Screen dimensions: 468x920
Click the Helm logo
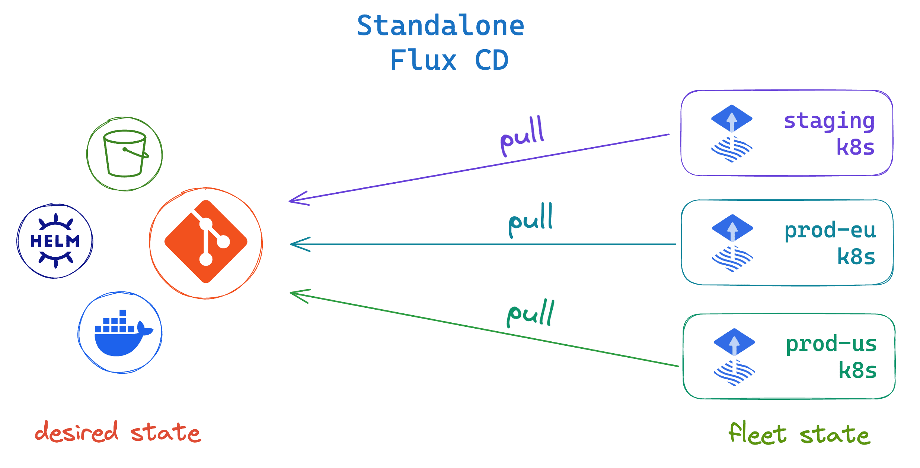[55, 241]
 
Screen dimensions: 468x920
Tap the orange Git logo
[206, 242]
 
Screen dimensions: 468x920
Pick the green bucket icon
[125, 154]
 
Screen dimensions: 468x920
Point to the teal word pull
[531, 220]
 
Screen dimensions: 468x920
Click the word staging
[829, 121]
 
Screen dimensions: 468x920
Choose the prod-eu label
[830, 230]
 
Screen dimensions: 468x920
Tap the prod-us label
[831, 344]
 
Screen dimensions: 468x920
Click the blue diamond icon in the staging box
[732, 118]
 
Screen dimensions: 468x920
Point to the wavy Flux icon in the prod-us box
[734, 373]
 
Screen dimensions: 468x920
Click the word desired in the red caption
[77, 432]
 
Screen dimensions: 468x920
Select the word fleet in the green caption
[758, 433]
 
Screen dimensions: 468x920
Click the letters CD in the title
[492, 60]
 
